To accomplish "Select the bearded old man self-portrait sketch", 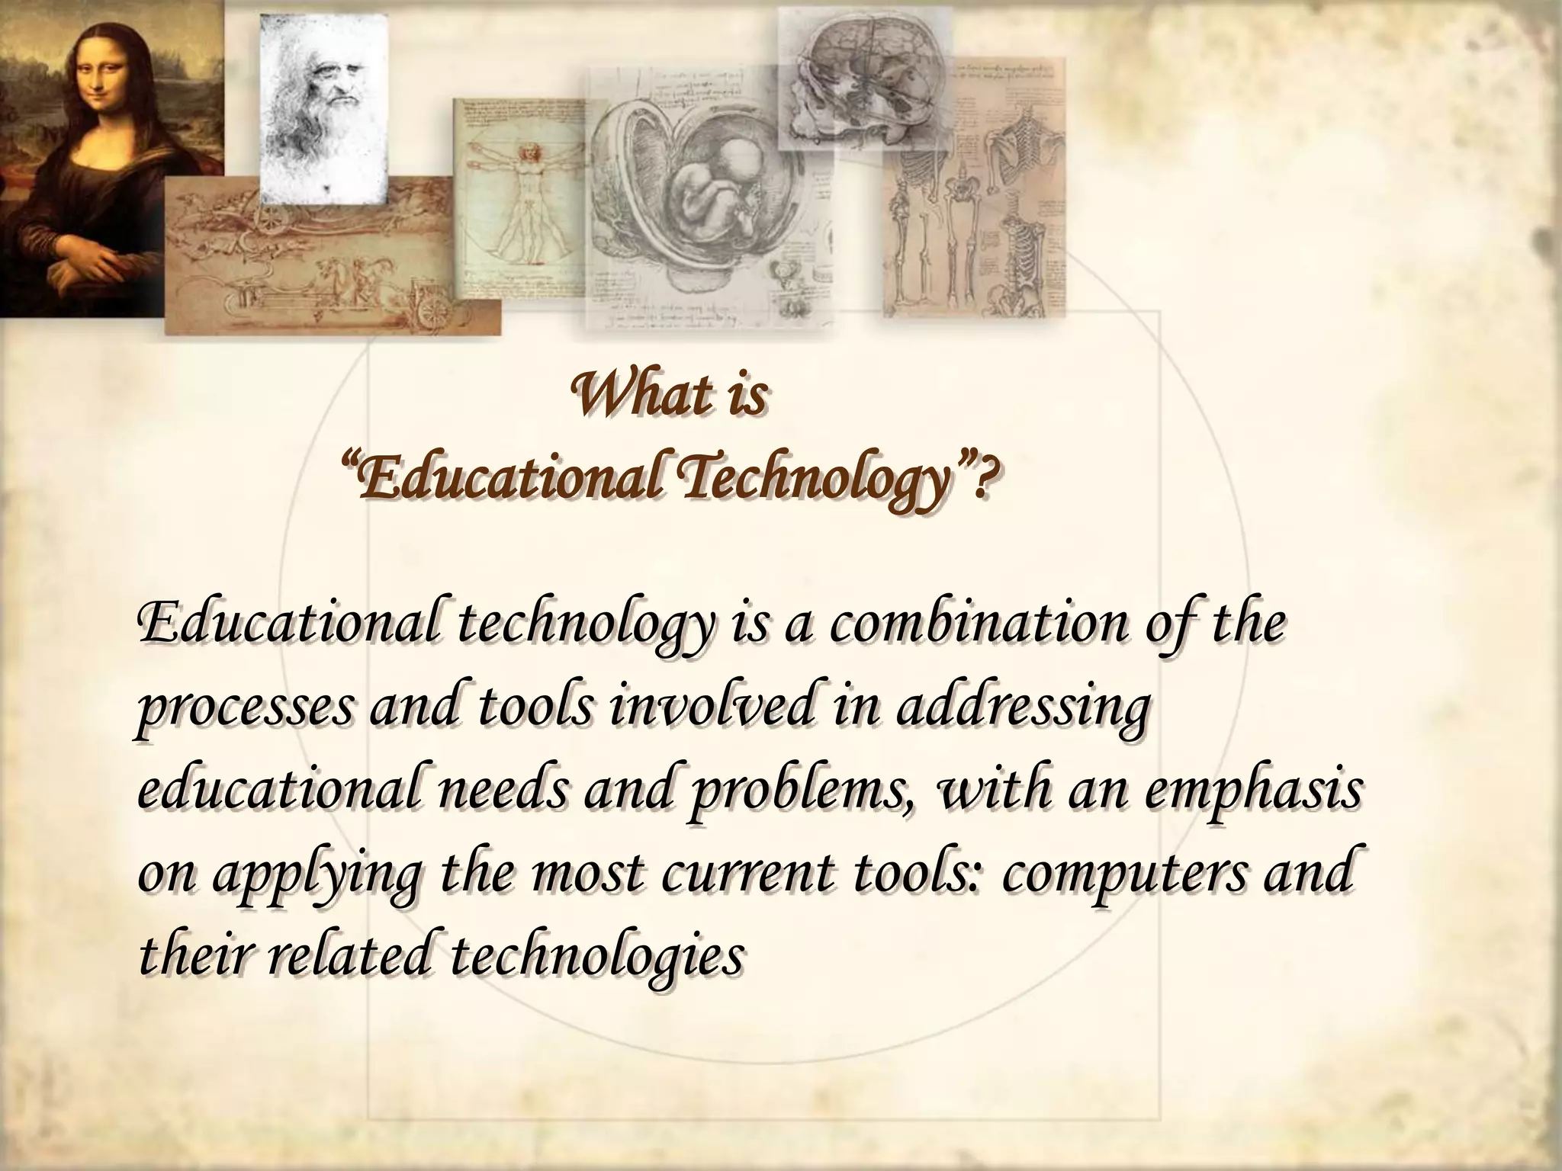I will pyautogui.click(x=323, y=107).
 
